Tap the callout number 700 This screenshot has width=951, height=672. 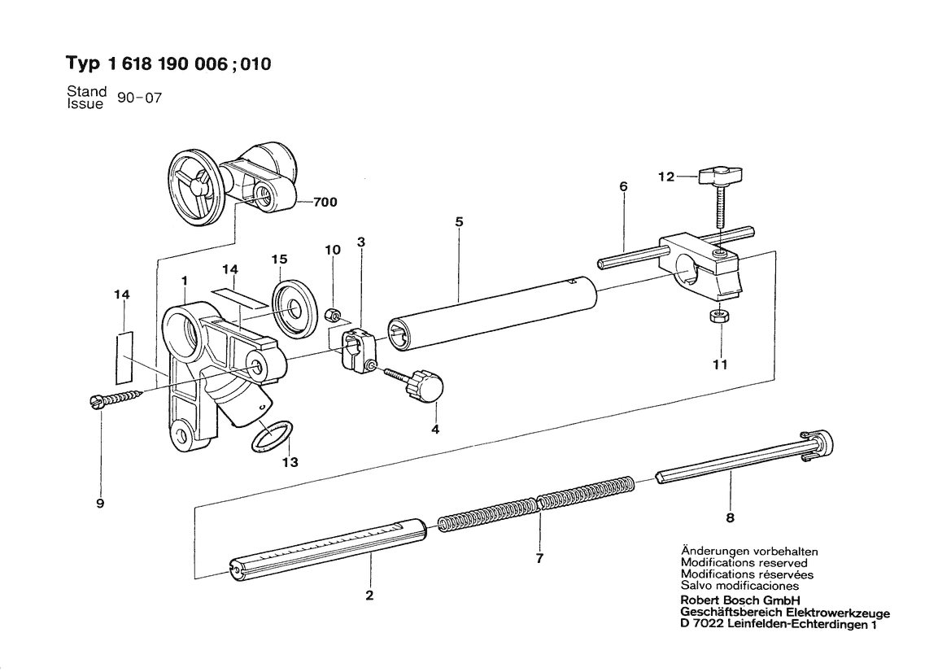pyautogui.click(x=325, y=202)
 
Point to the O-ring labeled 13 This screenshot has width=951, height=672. pyautogui.click(x=272, y=436)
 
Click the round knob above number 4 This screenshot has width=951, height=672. pyautogui.click(x=427, y=386)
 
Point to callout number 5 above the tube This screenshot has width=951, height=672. pyautogui.click(x=459, y=222)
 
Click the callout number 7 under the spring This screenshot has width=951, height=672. pyautogui.click(x=540, y=558)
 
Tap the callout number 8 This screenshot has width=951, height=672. pyautogui.click(x=731, y=517)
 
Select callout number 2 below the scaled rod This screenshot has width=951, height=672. pyautogui.click(x=370, y=595)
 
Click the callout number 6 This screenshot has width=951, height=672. pyautogui.click(x=623, y=187)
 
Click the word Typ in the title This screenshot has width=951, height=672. pyautogui.click(x=82, y=63)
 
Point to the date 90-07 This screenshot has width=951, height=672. pyautogui.click(x=139, y=98)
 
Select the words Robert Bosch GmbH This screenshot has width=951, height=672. pyautogui.click(x=740, y=600)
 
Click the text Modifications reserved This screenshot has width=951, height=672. pyautogui.click(x=744, y=563)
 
